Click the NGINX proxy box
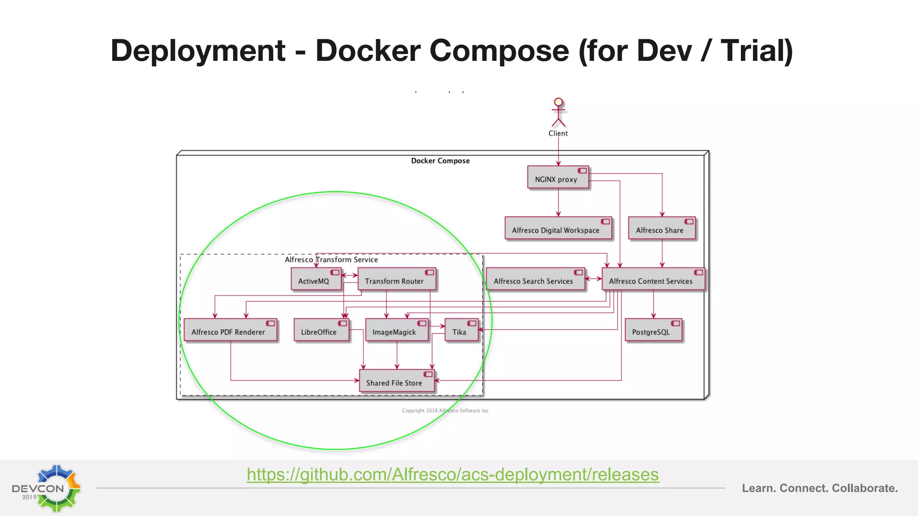pos(558,178)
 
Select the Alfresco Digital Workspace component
pos(558,229)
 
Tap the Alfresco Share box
pos(661,229)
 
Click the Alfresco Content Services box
pos(652,280)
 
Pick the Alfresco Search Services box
pos(535,280)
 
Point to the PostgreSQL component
pos(653,331)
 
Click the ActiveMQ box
pos(316,280)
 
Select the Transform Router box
pos(396,280)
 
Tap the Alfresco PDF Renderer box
pos(230,331)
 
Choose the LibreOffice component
pos(321,331)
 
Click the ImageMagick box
pos(396,331)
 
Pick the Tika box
pos(461,331)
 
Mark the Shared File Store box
pos(396,382)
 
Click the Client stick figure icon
pos(558,112)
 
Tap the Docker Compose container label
pos(440,161)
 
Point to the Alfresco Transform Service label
pos(331,260)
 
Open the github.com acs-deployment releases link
pos(453,474)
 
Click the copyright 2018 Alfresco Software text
pos(445,411)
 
